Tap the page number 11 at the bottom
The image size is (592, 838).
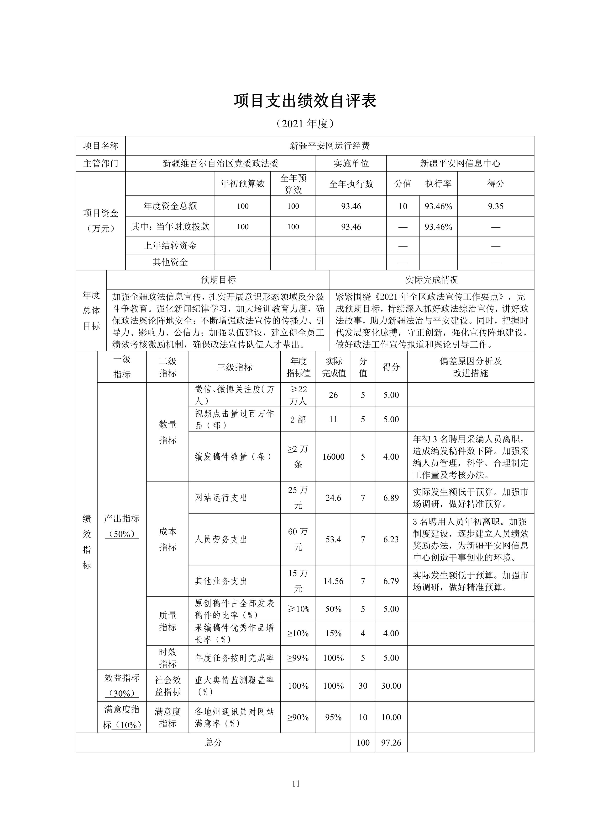296,784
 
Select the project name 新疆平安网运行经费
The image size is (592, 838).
330,146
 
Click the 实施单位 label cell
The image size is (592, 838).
351,163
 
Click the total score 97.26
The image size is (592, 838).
391,742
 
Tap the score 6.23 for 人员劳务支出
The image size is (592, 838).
391,539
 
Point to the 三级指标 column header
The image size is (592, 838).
234,367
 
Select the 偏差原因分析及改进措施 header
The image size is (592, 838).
470,367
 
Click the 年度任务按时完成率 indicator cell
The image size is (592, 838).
234,658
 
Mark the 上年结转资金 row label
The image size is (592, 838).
170,246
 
